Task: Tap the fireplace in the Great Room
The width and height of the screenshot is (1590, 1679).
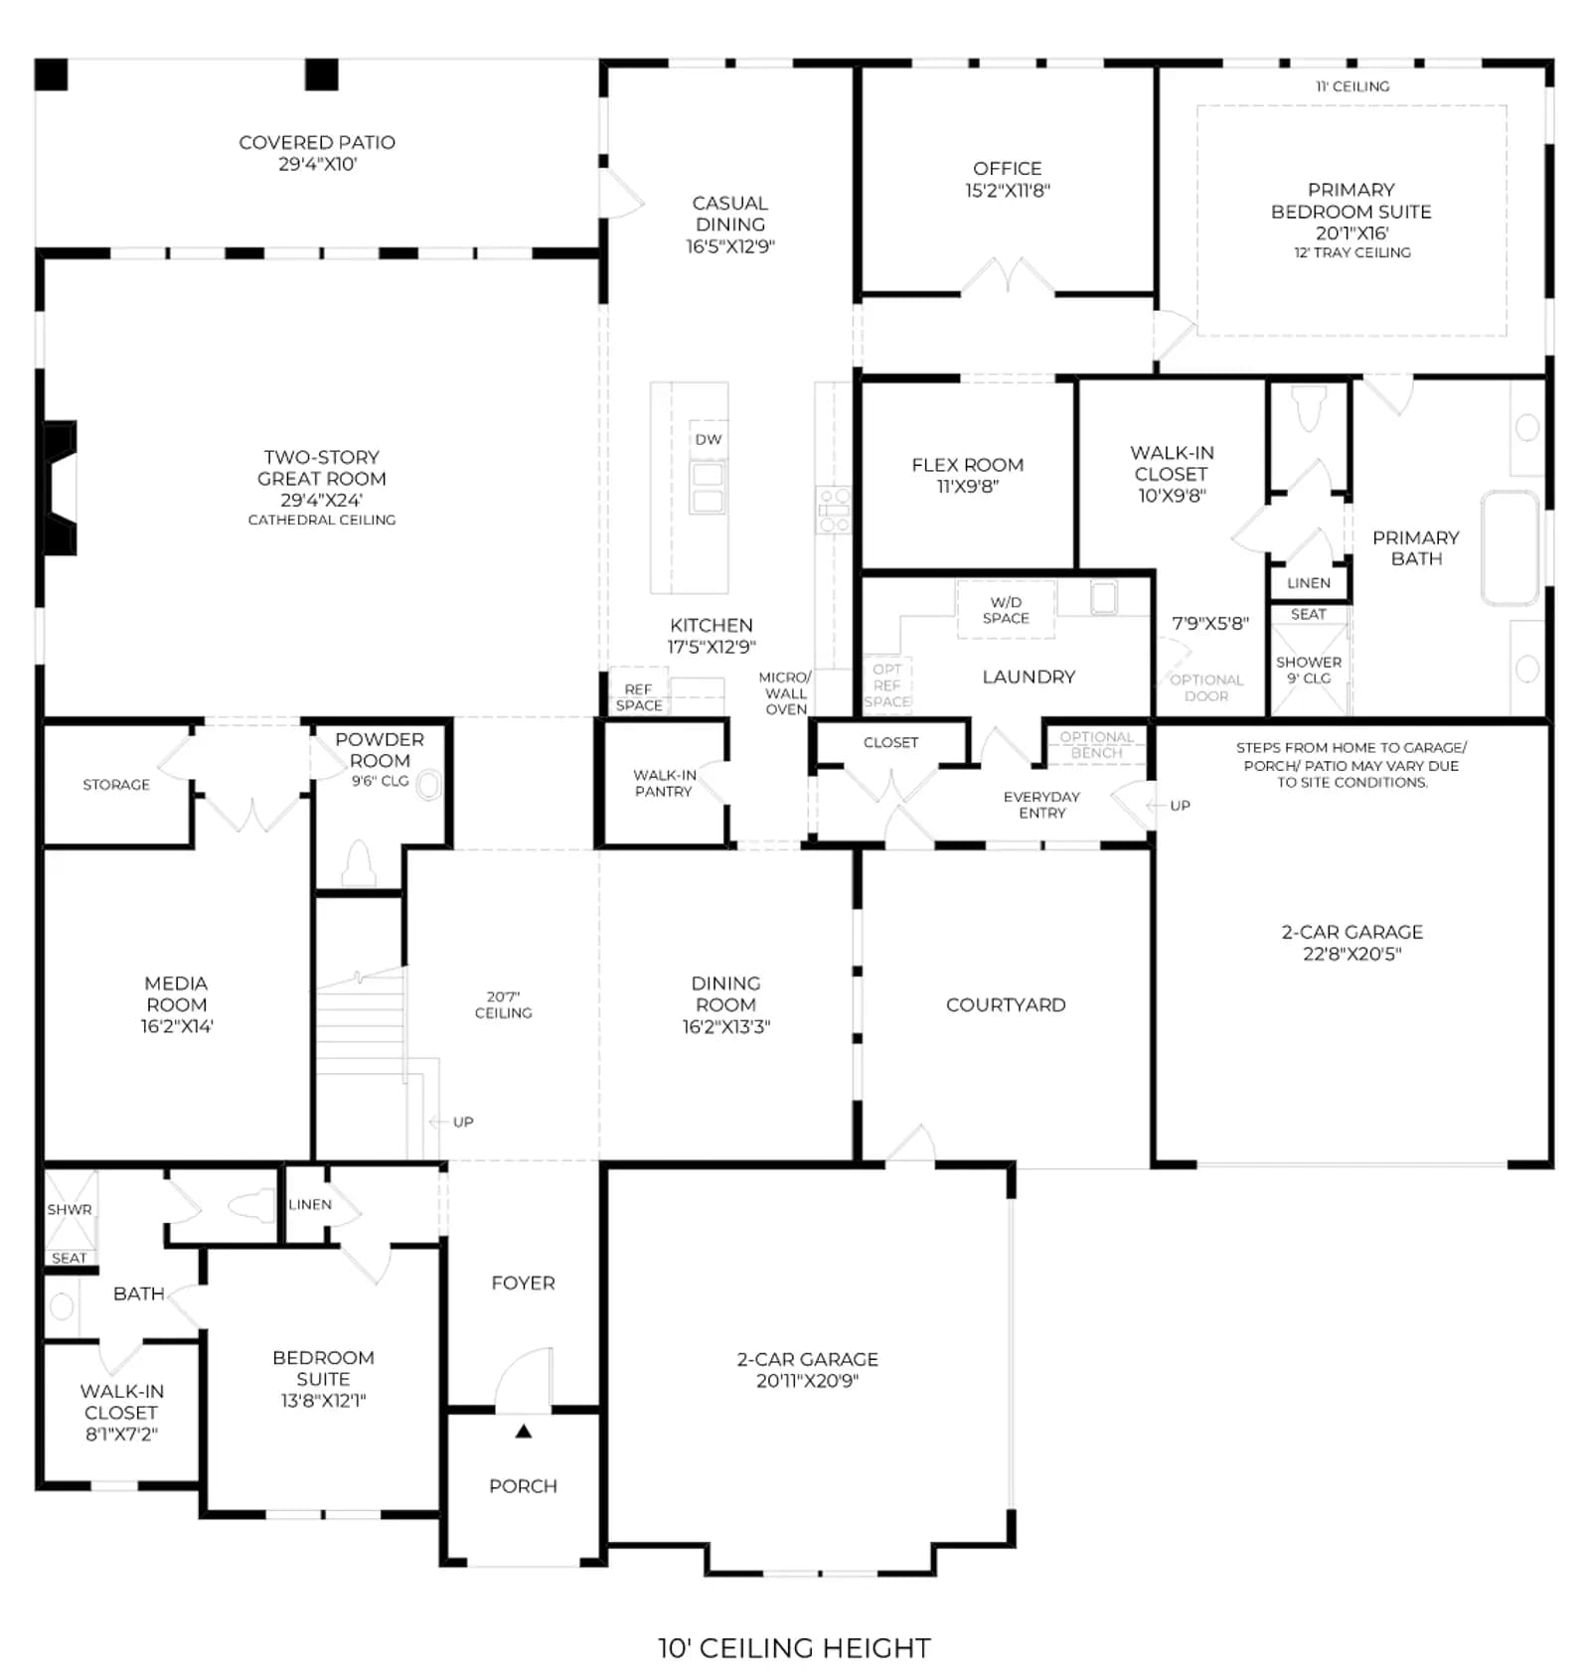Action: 60,488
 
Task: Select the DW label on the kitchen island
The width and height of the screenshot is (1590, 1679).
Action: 709,439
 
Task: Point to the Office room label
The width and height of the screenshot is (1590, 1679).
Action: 1007,168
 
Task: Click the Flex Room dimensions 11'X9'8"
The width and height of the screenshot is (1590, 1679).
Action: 967,486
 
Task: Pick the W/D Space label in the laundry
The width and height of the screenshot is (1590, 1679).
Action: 1006,610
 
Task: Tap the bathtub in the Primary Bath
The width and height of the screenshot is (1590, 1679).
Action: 1510,547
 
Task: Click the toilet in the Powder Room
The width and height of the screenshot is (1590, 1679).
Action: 358,863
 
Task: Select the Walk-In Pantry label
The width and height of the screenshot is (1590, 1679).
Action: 664,783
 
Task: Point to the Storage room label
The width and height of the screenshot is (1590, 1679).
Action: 116,784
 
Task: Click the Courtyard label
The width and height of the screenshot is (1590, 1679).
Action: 1006,1004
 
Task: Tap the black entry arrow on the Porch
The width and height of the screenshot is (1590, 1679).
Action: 523,1432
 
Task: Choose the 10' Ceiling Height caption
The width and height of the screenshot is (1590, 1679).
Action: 794,1648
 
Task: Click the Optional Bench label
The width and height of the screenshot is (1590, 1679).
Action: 1096,745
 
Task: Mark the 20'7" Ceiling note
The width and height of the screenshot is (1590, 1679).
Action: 503,1004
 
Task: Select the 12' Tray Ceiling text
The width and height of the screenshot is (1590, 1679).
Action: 1351,252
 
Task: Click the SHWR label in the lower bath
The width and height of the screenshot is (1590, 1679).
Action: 70,1209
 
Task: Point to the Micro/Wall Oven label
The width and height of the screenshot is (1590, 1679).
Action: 785,692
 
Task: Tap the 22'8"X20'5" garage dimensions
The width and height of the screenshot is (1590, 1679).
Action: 1351,954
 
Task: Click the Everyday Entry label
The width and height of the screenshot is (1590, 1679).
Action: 1041,805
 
